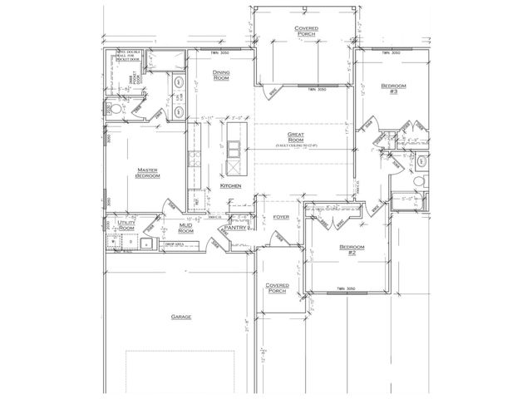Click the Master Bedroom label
(x=147, y=173)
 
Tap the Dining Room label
(x=221, y=76)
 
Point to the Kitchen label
(x=231, y=186)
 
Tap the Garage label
(x=182, y=317)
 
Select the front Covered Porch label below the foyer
(x=277, y=288)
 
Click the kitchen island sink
(x=236, y=150)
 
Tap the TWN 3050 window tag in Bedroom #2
(x=347, y=288)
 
